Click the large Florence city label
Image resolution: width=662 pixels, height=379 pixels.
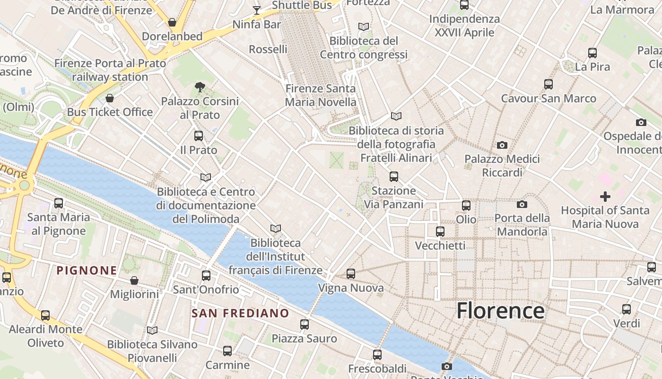coord(500,311)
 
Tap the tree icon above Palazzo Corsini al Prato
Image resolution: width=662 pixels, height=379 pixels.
coord(200,87)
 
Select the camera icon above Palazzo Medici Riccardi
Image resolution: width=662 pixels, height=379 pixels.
coord(502,145)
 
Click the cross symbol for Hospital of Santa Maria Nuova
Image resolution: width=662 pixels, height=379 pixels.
coord(605,196)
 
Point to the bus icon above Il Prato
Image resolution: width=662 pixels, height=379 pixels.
coord(199,136)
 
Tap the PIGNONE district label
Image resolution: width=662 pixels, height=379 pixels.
coord(87,271)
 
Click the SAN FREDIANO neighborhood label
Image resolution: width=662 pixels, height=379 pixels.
coord(240,313)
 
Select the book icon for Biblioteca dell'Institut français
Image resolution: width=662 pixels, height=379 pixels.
coord(276,229)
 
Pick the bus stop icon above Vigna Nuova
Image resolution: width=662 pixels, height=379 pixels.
coord(350,274)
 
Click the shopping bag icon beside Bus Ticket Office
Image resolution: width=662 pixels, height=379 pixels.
coord(110,98)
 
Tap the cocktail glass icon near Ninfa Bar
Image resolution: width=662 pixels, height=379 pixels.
coord(256,10)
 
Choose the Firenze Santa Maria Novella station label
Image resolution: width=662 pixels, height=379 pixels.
coord(321,95)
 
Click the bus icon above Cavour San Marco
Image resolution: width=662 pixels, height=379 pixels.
coord(549,84)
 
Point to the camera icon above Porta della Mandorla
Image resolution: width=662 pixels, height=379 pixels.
coord(522,204)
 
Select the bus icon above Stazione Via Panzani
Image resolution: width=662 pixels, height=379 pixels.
coord(394,177)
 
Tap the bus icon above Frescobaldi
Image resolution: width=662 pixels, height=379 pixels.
coord(377,354)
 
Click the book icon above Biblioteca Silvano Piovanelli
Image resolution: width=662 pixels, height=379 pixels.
coord(152,330)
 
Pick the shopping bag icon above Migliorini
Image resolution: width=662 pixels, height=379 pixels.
coord(134,280)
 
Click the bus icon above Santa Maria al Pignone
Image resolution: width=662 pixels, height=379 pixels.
coord(59,203)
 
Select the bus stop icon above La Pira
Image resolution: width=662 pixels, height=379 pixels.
coord(592,53)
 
